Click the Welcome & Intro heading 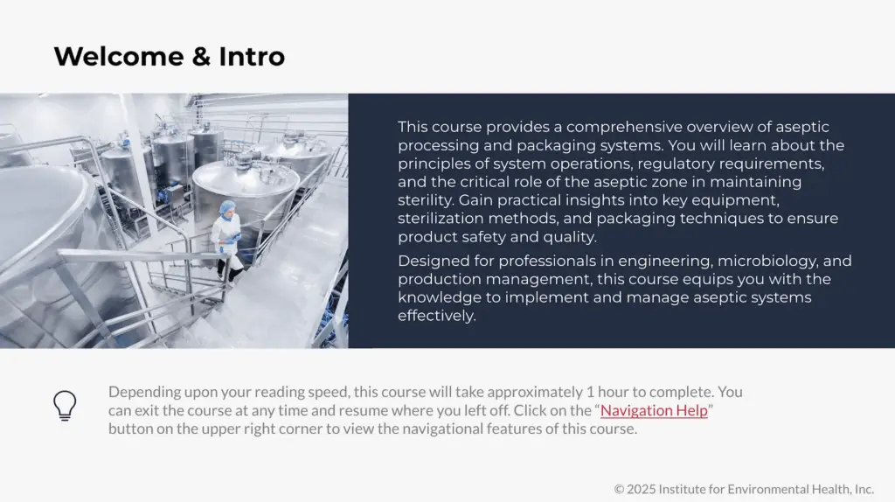pos(169,57)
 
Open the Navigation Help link pos(654,410)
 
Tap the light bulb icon pos(65,406)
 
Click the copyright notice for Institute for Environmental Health pos(744,489)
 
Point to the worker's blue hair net pos(227,207)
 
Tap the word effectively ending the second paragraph pos(436,316)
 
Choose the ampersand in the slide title pos(200,57)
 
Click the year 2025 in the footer pos(642,489)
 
